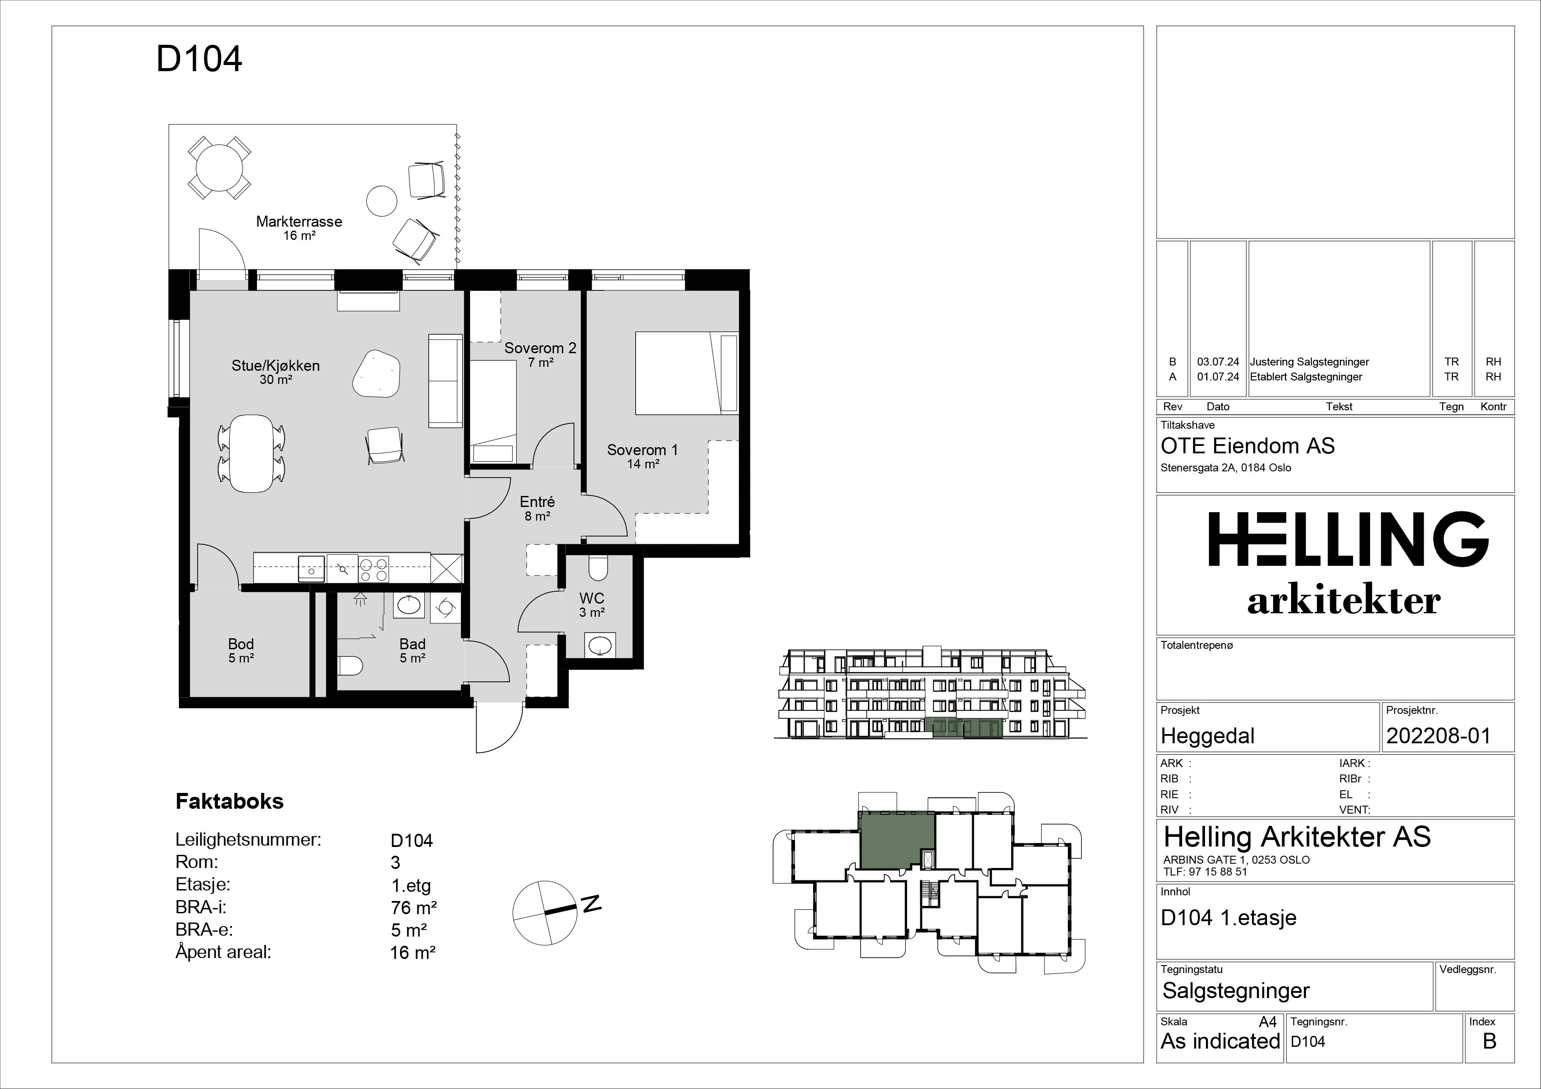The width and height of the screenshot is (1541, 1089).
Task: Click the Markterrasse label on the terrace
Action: (x=299, y=221)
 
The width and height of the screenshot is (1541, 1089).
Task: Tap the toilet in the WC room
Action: (x=597, y=568)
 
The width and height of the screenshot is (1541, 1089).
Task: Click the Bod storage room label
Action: (x=241, y=644)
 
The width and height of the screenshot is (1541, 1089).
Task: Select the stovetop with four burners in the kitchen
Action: (x=373, y=570)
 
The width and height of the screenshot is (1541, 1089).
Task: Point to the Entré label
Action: (x=538, y=502)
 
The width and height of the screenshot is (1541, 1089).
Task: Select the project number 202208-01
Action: (x=1438, y=736)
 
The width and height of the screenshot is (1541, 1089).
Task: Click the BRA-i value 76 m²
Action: (x=414, y=908)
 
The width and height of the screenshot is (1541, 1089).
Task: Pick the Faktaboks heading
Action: (x=230, y=801)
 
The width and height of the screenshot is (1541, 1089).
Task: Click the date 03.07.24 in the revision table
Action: (x=1218, y=362)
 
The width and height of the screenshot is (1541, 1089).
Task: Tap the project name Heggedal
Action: (x=1208, y=736)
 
